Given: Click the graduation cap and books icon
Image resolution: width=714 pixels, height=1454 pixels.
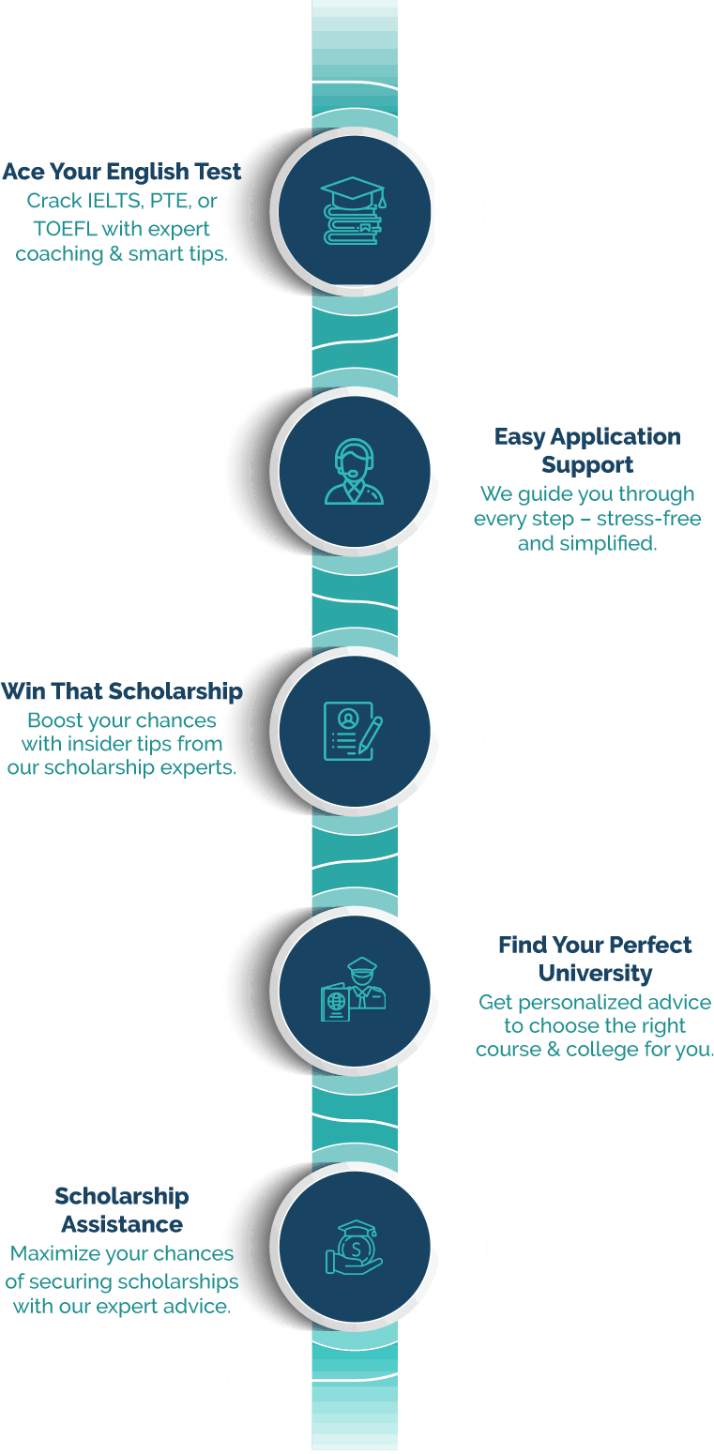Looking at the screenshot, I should click(x=354, y=211).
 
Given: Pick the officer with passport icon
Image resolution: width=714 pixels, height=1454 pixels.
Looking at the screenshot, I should click(x=354, y=990).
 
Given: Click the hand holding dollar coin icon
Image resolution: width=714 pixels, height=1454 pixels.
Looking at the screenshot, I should click(x=354, y=1248).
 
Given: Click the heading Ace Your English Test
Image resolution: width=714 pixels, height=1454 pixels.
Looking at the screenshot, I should click(x=121, y=172).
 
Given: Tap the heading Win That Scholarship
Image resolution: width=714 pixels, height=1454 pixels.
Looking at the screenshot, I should click(x=121, y=692).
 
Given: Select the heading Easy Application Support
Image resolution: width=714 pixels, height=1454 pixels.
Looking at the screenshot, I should click(x=587, y=450).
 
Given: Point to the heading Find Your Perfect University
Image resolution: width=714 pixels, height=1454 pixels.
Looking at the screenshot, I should click(x=595, y=958).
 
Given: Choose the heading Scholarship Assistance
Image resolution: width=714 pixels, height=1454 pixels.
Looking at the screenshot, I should click(x=122, y=1210).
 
